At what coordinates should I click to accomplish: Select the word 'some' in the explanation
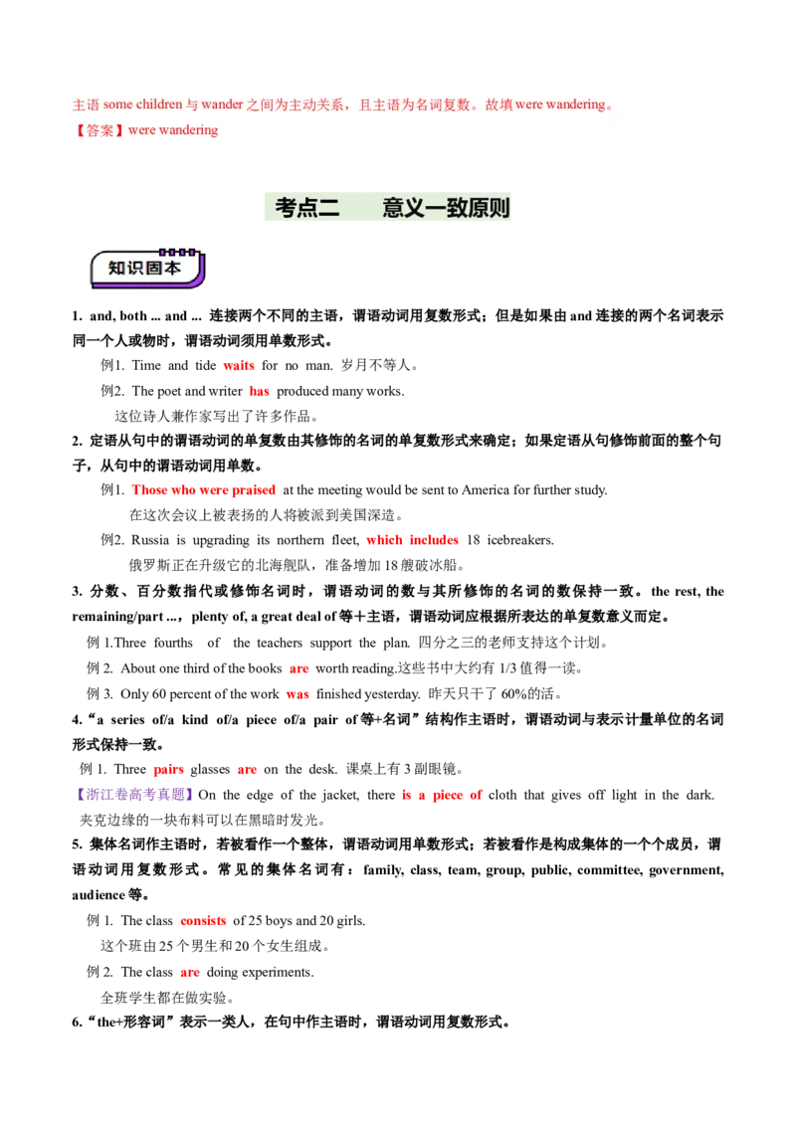click(117, 104)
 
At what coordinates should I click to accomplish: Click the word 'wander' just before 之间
click(223, 104)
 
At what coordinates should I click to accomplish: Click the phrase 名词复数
click(443, 104)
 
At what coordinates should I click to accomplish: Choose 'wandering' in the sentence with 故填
click(575, 104)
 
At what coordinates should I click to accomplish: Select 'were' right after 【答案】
click(142, 130)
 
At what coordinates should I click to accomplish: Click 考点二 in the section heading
click(307, 208)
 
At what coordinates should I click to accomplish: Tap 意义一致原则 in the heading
click(446, 208)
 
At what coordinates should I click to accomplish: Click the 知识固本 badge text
click(144, 270)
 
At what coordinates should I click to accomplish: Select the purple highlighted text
click(134, 794)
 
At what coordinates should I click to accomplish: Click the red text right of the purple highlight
click(441, 795)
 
